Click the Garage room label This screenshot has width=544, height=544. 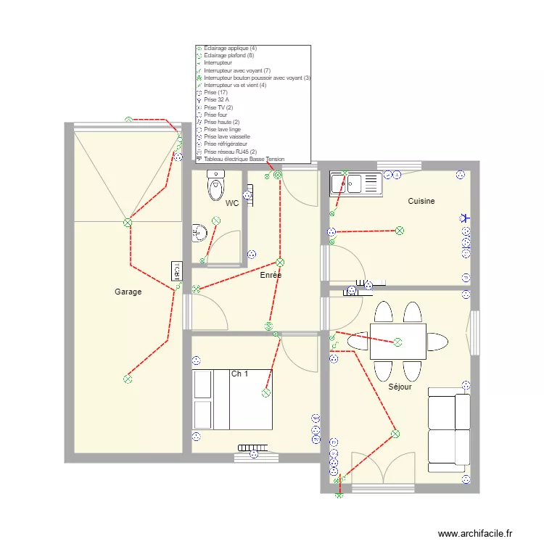(128, 292)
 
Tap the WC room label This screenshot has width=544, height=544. (232, 204)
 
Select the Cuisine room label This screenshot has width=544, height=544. (421, 201)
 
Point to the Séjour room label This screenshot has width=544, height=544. (400, 387)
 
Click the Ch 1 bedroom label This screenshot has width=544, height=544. (240, 374)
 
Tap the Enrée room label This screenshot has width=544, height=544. (271, 276)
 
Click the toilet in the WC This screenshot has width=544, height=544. (216, 186)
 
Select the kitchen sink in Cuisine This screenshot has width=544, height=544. (355, 184)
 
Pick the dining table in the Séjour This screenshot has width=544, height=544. (397, 342)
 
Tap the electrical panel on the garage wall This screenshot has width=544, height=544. (176, 271)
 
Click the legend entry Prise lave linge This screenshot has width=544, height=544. (227, 129)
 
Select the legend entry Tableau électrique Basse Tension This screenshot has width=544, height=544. (244, 159)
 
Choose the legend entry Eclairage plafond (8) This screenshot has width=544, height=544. (228, 55)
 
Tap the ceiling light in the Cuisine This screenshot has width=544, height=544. (399, 231)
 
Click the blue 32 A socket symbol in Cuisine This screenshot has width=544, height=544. (465, 217)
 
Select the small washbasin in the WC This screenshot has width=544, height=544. (198, 232)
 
